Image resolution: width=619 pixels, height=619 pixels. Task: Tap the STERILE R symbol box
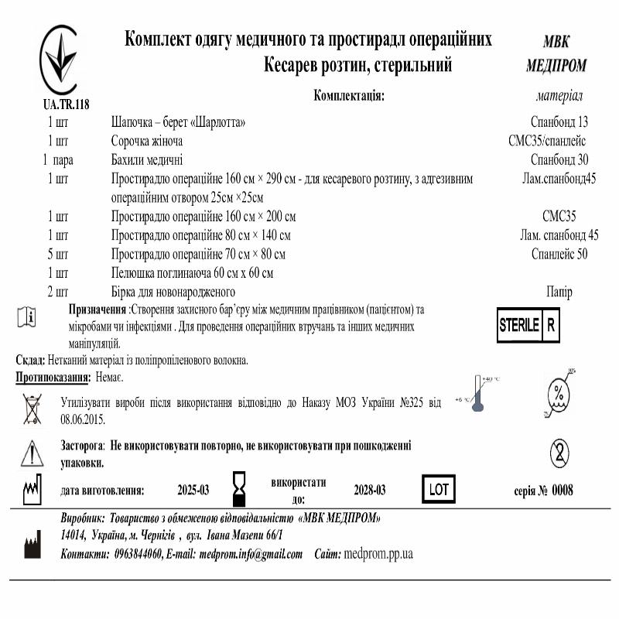[x=528, y=326]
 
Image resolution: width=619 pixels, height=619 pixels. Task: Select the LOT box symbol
[x=438, y=489]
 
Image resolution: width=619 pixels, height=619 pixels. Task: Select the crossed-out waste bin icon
[x=32, y=408]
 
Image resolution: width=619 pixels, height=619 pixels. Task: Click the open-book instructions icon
[x=26, y=317]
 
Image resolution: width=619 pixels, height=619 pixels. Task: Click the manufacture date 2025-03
[x=193, y=491]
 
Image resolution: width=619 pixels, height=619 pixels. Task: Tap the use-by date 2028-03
[x=369, y=491]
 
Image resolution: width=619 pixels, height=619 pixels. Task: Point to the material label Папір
[x=559, y=292]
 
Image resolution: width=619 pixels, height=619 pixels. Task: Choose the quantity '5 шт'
[x=58, y=254]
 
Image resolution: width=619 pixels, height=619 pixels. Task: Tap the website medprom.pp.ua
[x=378, y=554]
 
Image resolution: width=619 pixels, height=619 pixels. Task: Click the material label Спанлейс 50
[x=559, y=254]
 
